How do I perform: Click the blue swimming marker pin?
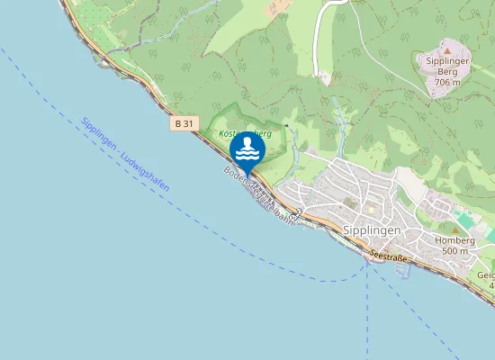point(247,149)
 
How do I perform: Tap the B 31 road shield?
point(183,124)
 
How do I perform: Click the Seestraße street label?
point(389,257)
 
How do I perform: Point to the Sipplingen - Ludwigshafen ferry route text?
point(124,153)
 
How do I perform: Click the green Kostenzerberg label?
point(245,133)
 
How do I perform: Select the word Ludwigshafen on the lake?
point(145,169)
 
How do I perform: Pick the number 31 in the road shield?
point(187,124)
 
